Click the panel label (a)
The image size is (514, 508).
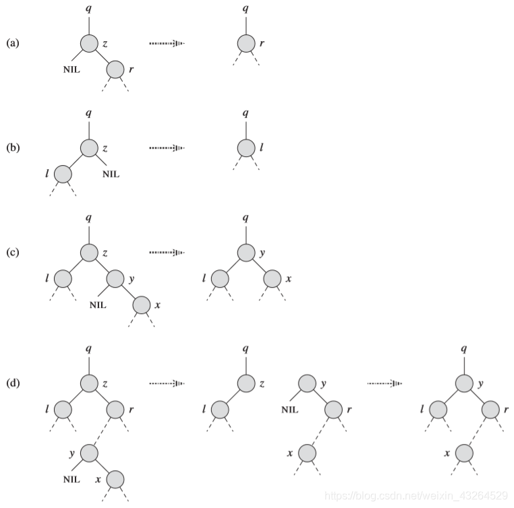(13, 43)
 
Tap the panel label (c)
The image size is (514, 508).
(13, 253)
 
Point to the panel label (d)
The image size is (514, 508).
(13, 383)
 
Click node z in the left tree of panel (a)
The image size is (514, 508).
(90, 44)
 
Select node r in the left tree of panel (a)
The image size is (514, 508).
(115, 69)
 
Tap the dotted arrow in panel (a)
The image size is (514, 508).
(167, 44)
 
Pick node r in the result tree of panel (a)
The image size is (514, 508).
(246, 44)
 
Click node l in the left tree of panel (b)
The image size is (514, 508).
(63, 174)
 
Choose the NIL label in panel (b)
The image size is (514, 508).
(110, 174)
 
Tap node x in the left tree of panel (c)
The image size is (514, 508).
(141, 305)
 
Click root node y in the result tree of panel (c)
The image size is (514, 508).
(246, 253)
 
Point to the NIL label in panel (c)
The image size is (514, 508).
(98, 305)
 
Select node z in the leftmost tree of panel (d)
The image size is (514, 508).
(90, 383)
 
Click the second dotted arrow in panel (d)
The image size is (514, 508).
(384, 383)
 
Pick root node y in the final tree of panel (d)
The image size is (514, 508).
(463, 383)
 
